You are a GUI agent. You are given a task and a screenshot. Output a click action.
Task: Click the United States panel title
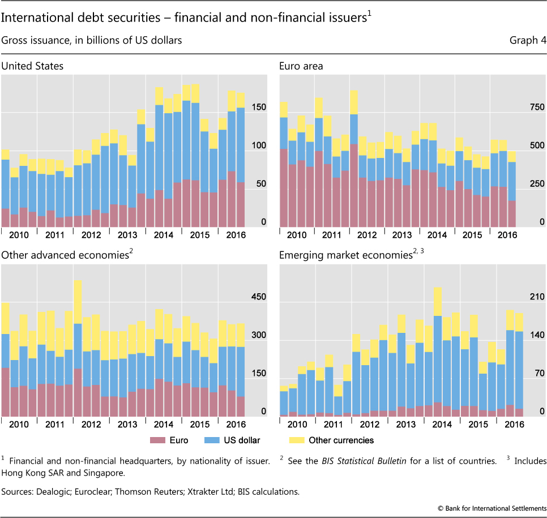(32, 66)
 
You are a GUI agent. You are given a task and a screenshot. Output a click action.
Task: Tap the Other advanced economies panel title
(65, 255)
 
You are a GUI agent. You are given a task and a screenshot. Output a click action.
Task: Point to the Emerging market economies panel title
(345, 255)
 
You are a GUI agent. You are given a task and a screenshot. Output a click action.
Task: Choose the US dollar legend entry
(246, 440)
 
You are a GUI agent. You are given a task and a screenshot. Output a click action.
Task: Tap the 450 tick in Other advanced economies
(254, 297)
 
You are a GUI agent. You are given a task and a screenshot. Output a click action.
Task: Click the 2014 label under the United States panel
(163, 235)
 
